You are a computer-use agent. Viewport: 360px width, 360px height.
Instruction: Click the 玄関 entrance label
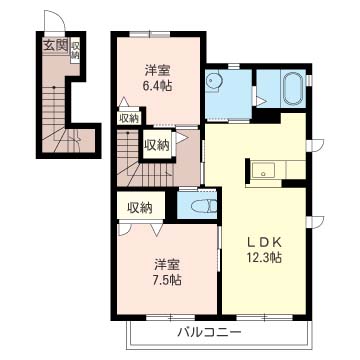click(55, 45)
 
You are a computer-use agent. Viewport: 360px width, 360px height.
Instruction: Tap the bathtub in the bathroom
click(293, 88)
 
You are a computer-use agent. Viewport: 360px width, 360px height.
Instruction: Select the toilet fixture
click(204, 206)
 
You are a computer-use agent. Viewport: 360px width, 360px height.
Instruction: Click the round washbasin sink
click(211, 80)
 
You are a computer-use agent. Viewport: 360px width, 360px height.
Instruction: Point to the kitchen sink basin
click(263, 171)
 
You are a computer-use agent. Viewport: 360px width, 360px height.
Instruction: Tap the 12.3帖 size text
click(264, 257)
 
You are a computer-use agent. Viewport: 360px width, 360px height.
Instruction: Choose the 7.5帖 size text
click(167, 280)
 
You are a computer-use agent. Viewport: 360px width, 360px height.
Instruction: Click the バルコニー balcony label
click(209, 332)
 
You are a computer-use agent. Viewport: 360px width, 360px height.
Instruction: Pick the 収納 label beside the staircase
click(157, 145)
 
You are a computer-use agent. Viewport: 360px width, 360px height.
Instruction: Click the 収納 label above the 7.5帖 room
click(140, 208)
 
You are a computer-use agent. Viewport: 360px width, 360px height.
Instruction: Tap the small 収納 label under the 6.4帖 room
click(129, 119)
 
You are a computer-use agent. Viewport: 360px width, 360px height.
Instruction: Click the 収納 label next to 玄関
click(75, 50)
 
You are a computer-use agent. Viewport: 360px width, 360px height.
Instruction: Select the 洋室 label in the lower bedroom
click(167, 265)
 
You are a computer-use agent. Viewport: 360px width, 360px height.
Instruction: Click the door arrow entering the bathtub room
click(261, 100)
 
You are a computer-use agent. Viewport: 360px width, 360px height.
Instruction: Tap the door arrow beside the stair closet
click(181, 138)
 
